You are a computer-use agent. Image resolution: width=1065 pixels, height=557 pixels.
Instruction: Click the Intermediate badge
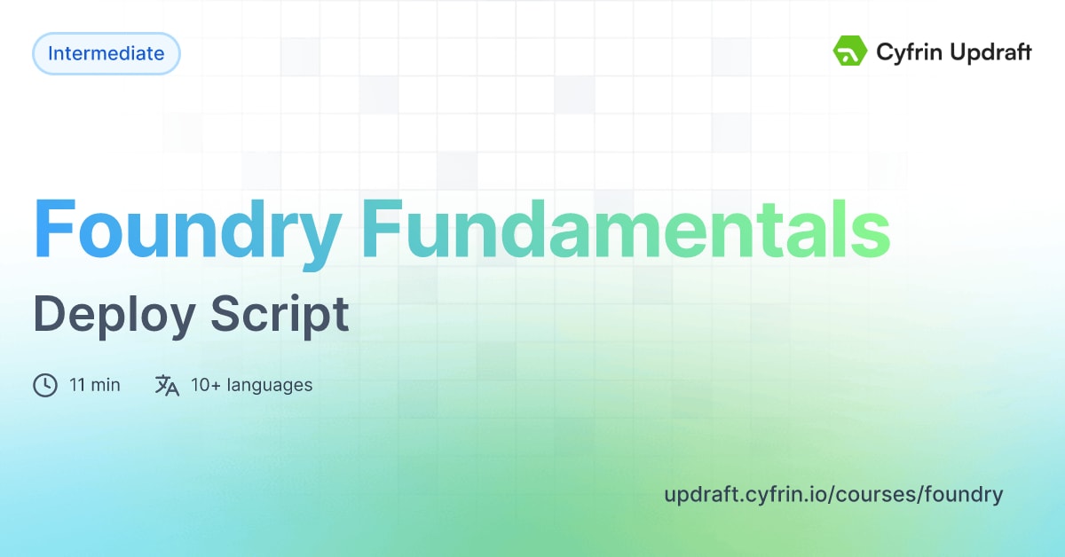pos(106,53)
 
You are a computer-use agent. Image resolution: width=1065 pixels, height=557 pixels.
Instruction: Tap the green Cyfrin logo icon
pos(848,52)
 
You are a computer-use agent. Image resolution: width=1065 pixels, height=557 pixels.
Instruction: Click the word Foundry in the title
pos(187,230)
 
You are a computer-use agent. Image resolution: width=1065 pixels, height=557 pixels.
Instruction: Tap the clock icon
pos(45,385)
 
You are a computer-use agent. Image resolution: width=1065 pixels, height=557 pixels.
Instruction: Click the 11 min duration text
pos(95,385)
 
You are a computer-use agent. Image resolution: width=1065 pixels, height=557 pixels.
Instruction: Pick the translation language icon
pos(167,385)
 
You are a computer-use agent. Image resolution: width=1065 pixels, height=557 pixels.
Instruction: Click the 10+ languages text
pos(251,385)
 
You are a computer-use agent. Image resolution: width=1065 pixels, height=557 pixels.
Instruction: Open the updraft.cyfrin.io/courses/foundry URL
pos(833,494)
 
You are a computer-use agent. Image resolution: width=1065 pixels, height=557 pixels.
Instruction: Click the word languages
pos(270,385)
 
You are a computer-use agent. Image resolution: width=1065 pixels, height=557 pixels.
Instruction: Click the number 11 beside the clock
pos(76,385)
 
